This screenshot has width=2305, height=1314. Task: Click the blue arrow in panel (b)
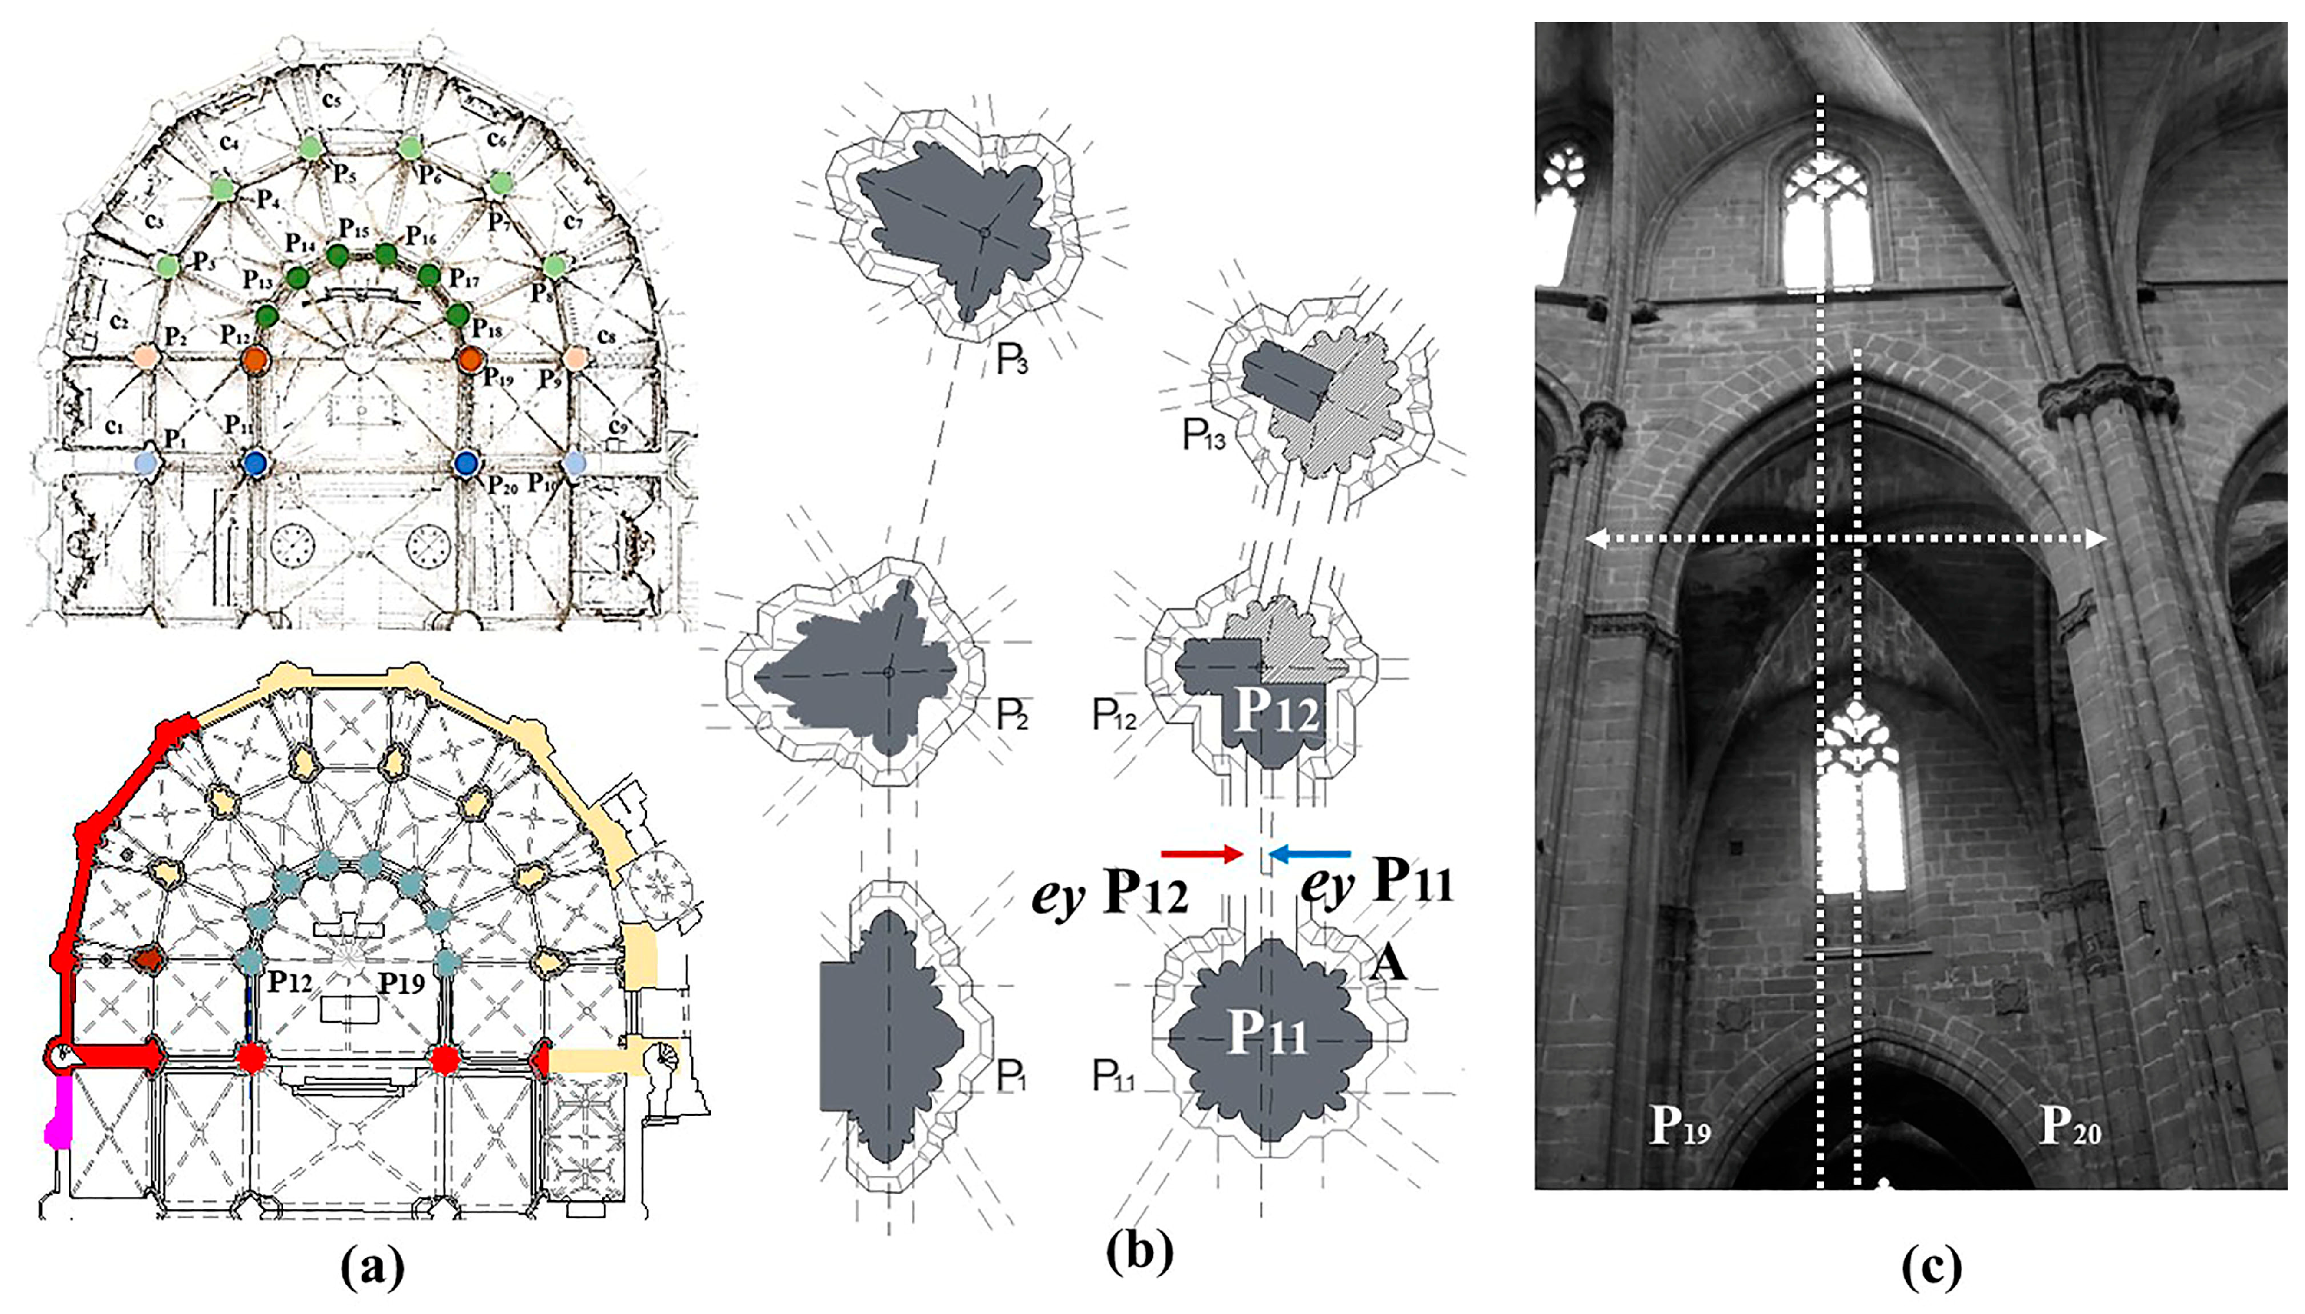click(1310, 853)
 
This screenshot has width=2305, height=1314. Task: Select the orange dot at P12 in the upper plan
click(256, 358)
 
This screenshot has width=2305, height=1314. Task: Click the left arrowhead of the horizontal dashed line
click(1595, 540)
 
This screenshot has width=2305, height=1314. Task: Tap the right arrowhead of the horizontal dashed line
click(2096, 540)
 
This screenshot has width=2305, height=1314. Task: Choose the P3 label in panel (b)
click(1012, 360)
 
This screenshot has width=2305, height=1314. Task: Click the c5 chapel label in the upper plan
click(331, 100)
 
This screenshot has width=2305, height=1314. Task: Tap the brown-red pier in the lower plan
click(146, 959)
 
